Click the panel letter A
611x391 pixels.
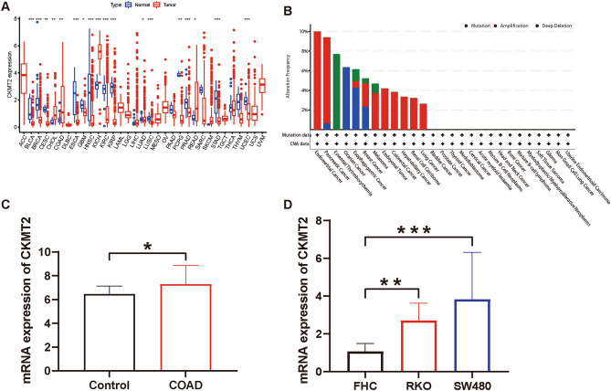pos(7,8)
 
